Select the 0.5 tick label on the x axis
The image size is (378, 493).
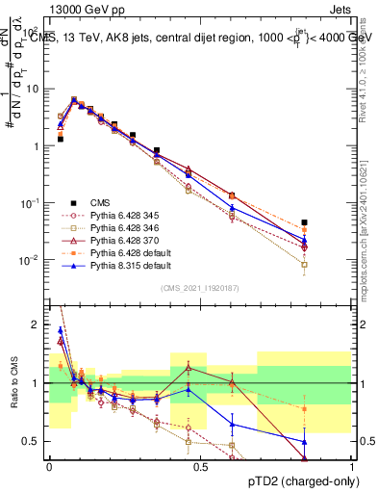coord(201,466)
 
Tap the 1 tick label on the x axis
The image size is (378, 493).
coord(352,466)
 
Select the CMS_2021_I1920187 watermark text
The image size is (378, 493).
coord(201,288)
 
